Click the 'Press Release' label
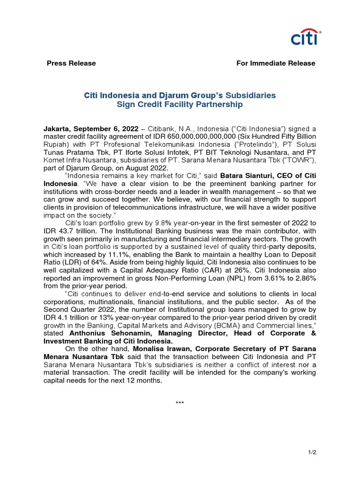coord(71,63)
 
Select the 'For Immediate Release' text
coord(276,63)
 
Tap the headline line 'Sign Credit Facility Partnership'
coord(180,105)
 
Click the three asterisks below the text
coord(180,404)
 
